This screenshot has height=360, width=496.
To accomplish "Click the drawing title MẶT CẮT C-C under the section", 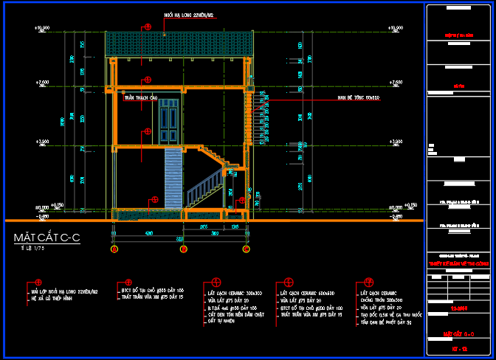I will [x=46, y=238].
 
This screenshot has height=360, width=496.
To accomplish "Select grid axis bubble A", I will [x=114, y=249].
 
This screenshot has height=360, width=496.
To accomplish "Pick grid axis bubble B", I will [x=182, y=249].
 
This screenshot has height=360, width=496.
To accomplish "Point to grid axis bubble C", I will [x=244, y=249].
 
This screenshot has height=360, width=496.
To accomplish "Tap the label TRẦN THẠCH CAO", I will [x=141, y=97].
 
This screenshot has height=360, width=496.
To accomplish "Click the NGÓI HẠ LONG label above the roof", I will [x=189, y=15].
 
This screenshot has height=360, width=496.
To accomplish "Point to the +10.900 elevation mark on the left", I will [x=42, y=28].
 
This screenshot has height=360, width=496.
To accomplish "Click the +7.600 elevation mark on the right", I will [x=395, y=82].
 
